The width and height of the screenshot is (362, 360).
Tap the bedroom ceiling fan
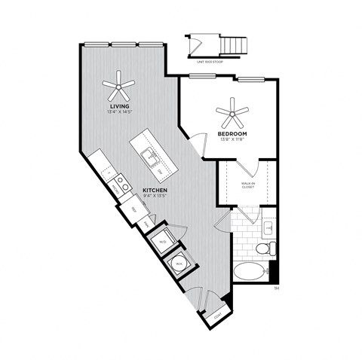tap(232, 114)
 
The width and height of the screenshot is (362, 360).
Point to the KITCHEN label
tap(153, 191)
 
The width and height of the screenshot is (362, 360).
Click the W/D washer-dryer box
tap(162, 242)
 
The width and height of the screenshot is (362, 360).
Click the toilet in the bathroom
tap(264, 247)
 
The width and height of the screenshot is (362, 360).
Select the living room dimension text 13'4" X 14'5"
tap(120, 113)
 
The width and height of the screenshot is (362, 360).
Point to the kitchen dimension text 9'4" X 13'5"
tap(153, 197)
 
